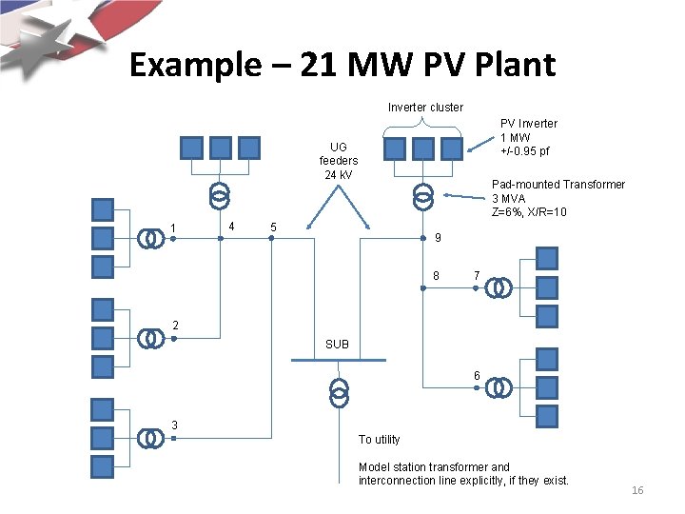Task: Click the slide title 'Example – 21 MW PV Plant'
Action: (342, 65)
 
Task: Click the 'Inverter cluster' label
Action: (425, 108)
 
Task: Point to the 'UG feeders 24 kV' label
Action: (339, 161)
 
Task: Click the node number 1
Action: (173, 227)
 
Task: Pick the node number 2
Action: (175, 326)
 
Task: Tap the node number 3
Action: (174, 425)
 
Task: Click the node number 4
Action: (232, 226)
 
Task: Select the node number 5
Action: (274, 227)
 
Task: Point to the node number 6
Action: (477, 376)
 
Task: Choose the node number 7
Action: (477, 276)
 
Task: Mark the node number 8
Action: (436, 276)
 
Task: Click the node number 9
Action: (436, 238)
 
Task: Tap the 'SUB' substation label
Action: (337, 344)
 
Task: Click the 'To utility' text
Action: (379, 440)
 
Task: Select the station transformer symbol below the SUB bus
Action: (339, 392)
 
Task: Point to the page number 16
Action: (637, 490)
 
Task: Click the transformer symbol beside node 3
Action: (149, 437)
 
